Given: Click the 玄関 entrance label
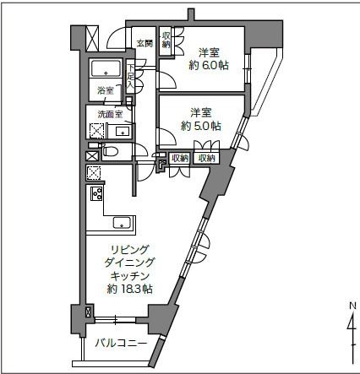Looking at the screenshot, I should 144,43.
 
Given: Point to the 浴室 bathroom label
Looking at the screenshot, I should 105,90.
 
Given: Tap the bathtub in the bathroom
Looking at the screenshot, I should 107,70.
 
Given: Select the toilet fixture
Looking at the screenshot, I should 111,152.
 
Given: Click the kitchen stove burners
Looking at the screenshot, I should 96,196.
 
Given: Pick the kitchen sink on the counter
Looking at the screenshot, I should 121,223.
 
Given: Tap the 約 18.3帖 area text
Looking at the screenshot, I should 129,289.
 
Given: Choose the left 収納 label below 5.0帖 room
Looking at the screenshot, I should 179,158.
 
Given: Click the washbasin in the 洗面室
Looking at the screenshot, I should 123,131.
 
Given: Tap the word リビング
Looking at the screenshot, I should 129,250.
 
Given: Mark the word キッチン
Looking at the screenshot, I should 129,276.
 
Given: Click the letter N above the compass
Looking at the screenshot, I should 352,306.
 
